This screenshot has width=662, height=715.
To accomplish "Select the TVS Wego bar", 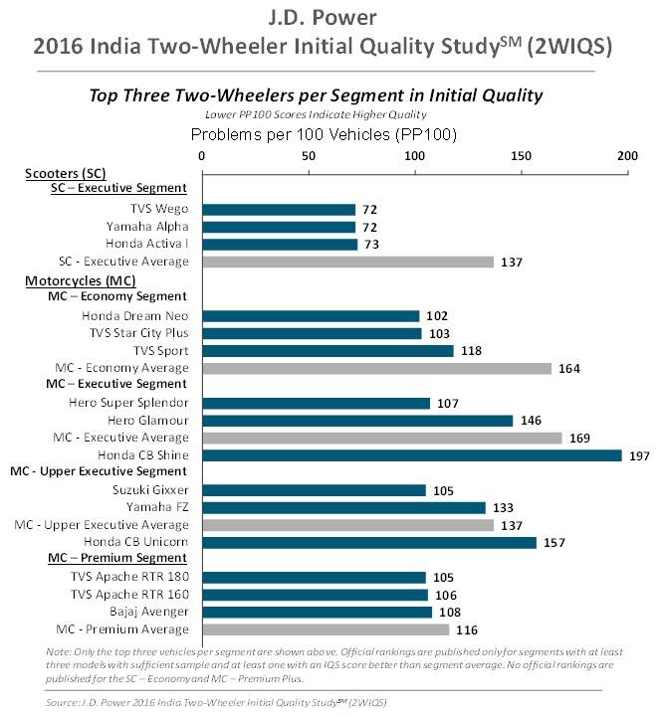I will pos(279,210).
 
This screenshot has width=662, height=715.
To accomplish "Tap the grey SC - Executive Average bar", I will pos(347,262).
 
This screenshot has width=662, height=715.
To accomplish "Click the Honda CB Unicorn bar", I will pos(368,542).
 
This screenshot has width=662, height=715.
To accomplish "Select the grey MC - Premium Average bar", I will pos(326,629).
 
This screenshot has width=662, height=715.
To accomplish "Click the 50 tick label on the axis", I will pos(309,156).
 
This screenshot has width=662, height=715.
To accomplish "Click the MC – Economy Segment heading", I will pos(117,296).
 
